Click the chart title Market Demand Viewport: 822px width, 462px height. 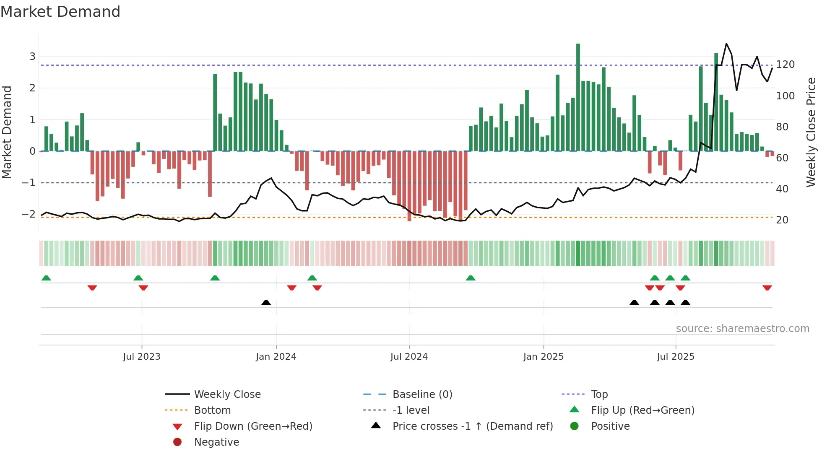point(60,12)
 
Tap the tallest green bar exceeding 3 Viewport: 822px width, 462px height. point(578,96)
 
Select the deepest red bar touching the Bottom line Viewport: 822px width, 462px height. point(409,187)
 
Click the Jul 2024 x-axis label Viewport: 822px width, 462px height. point(409,357)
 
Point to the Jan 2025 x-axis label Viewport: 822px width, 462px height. point(543,357)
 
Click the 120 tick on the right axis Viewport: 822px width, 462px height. point(785,65)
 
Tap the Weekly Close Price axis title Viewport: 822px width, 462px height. point(811,132)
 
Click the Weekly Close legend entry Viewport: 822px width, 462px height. point(227,395)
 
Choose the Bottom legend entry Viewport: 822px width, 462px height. point(212,410)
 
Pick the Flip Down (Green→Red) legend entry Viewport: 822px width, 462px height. point(253,426)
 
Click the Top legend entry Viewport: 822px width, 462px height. point(599,395)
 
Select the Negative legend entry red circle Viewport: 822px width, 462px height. point(177,442)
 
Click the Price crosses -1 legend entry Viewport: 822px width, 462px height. point(472,426)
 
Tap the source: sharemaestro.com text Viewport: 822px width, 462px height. point(742,329)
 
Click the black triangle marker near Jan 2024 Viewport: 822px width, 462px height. point(266,302)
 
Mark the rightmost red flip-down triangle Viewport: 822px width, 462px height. point(767,288)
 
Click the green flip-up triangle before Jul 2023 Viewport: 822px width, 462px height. point(138,278)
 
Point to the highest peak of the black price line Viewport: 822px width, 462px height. point(726,44)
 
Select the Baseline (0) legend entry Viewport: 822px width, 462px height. point(422,395)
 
